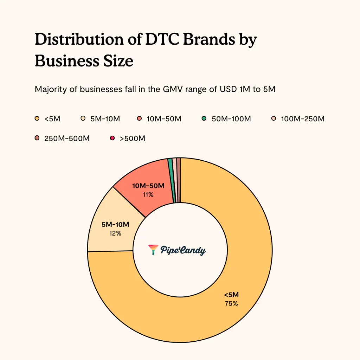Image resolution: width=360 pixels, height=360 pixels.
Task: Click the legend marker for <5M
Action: pos(37,119)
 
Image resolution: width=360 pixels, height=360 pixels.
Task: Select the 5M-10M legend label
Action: pos(105,119)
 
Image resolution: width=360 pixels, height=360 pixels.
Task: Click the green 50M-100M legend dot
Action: pos(204,119)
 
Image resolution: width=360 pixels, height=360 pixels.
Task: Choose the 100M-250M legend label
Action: pos(303,119)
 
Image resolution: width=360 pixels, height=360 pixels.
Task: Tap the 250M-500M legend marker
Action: pos(37,139)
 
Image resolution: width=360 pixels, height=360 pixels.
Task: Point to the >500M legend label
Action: pos(133,139)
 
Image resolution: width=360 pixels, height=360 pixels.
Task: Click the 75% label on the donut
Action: pos(231,304)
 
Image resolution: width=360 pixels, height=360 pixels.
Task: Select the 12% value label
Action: pos(115,233)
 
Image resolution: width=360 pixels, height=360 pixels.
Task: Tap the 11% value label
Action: pos(148,194)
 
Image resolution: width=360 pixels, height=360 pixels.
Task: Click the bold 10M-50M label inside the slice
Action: pos(148,186)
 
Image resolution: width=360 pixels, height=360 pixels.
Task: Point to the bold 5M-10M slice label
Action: pos(115,225)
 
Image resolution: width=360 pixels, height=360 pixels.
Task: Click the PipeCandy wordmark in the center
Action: pos(183,250)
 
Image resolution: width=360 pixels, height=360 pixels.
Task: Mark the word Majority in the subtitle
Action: pos(49,90)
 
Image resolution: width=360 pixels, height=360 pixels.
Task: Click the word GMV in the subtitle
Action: pos(170,90)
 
